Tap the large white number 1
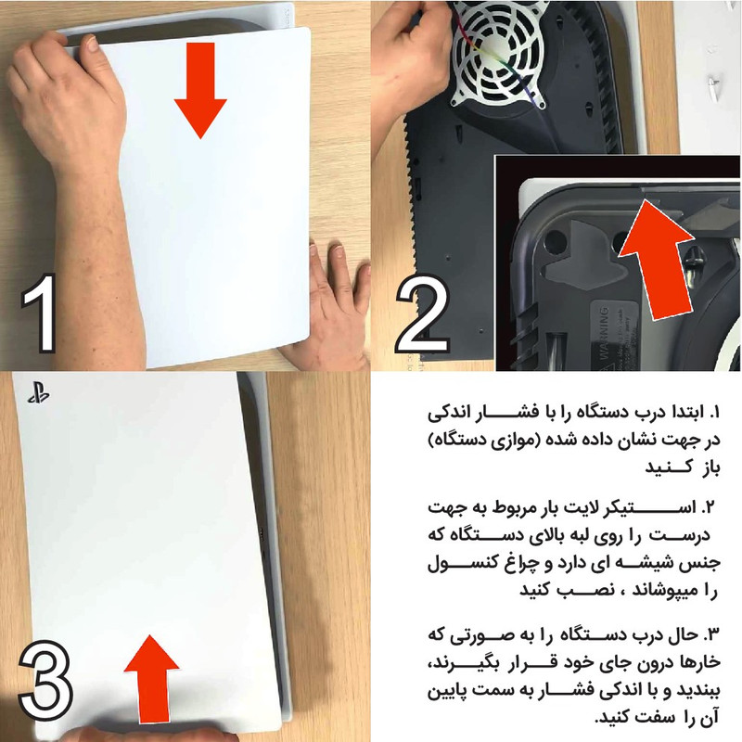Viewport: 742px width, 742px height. coord(39,313)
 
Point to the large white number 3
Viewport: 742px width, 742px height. coord(45,681)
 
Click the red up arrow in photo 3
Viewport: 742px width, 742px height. coord(152,679)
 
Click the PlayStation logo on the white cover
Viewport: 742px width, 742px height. coord(38,393)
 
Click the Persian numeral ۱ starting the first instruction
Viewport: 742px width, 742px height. coord(714,412)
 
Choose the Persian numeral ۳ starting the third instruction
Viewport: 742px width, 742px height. coord(710,634)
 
